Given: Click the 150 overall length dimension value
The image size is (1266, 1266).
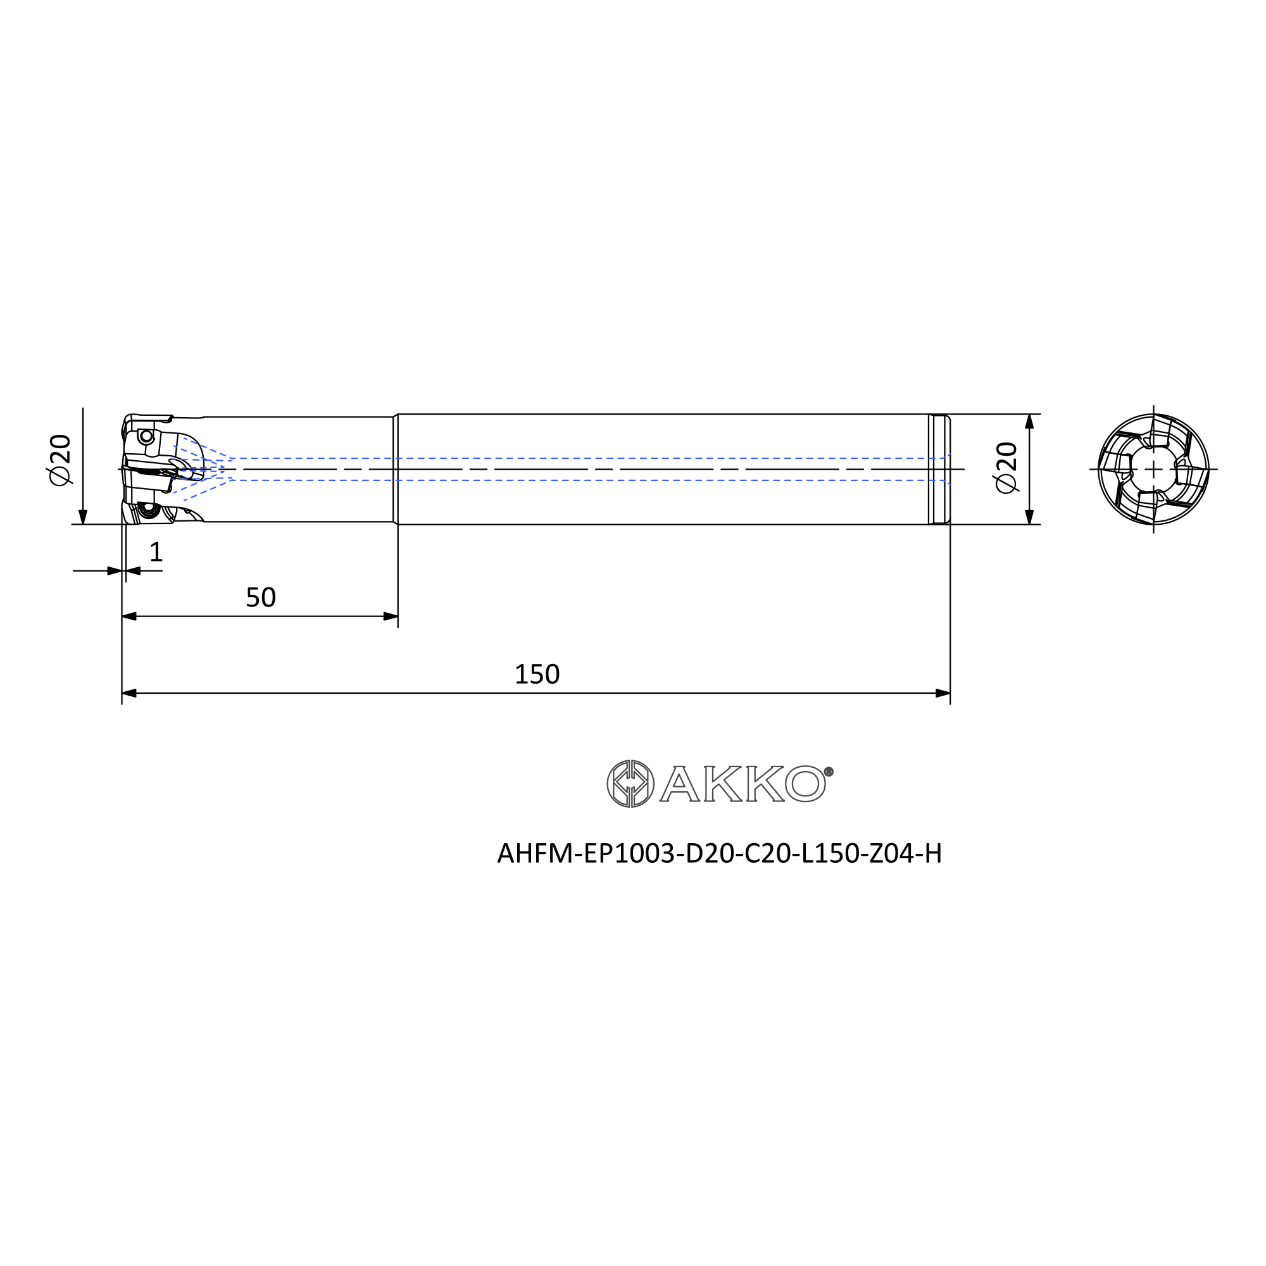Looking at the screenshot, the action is [537, 674].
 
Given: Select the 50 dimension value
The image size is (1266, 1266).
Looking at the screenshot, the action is [261, 598].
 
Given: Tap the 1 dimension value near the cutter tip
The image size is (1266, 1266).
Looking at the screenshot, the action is [156, 552].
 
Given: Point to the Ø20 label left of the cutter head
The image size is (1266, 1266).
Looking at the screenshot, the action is [60, 460].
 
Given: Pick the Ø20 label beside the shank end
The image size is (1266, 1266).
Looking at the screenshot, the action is [1006, 467].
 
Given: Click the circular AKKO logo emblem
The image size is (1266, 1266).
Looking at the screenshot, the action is [630, 784].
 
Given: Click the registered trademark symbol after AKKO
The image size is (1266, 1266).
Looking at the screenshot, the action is [828, 772].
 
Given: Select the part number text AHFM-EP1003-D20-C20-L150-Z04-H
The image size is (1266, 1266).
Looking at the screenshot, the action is [720, 853].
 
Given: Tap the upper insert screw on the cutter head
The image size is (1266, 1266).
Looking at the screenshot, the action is [147, 436].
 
